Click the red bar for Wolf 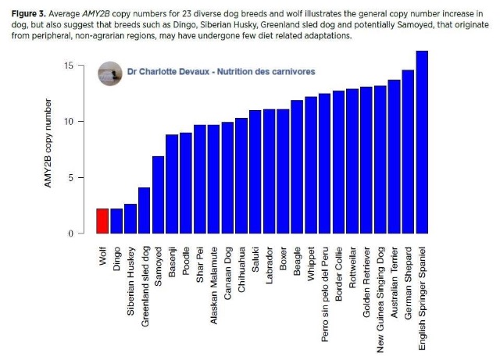[x=102, y=221]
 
